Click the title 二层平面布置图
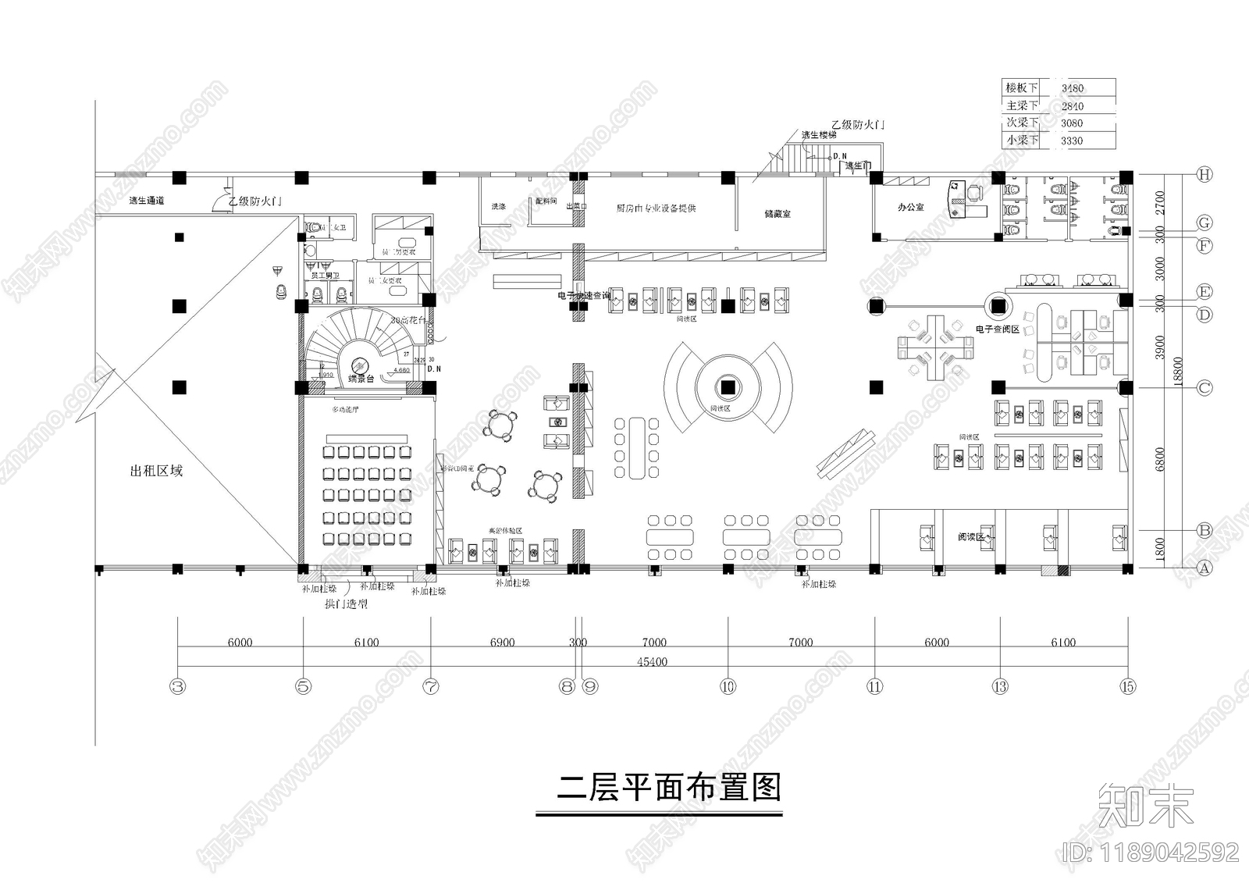668,788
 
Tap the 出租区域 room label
156,471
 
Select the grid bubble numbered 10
728,687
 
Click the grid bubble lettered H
1205,175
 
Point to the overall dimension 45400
652,661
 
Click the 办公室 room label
910,207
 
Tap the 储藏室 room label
778,212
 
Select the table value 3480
1072,88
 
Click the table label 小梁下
1022,140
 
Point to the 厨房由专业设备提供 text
656,208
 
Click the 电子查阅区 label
997,329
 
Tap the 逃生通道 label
147,201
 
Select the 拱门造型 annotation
346,604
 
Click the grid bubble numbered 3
178,687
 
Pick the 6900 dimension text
502,643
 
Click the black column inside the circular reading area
728,386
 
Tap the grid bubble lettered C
1205,387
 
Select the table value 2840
1072,106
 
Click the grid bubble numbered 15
1127,687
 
